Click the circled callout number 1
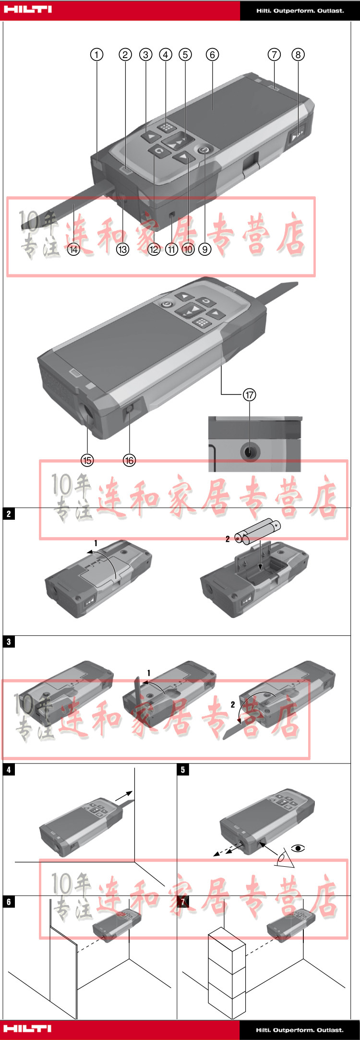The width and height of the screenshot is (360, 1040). click(x=97, y=54)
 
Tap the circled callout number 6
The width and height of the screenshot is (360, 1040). click(x=212, y=54)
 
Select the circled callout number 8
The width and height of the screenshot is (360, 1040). click(x=298, y=54)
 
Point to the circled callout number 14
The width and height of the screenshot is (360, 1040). click(x=73, y=249)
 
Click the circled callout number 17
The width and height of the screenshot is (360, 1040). click(x=250, y=394)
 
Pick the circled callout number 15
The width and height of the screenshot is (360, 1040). click(x=87, y=460)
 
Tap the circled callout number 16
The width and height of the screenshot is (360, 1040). click(x=130, y=460)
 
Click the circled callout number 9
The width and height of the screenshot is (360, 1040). click(x=205, y=249)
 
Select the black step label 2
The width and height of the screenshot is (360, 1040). click(x=9, y=514)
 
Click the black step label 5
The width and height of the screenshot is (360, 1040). click(x=182, y=770)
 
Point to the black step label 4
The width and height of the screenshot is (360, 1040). click(x=9, y=770)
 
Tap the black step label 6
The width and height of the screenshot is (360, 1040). click(x=9, y=902)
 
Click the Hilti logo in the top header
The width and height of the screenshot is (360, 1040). click(x=27, y=10)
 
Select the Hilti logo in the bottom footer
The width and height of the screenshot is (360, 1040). click(x=27, y=1028)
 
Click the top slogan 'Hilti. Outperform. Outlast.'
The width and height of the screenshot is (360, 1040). click(x=300, y=10)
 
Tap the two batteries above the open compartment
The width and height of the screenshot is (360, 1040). click(x=258, y=532)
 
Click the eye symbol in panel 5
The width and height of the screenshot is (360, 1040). click(x=298, y=848)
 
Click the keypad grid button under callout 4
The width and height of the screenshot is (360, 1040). click(x=167, y=127)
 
